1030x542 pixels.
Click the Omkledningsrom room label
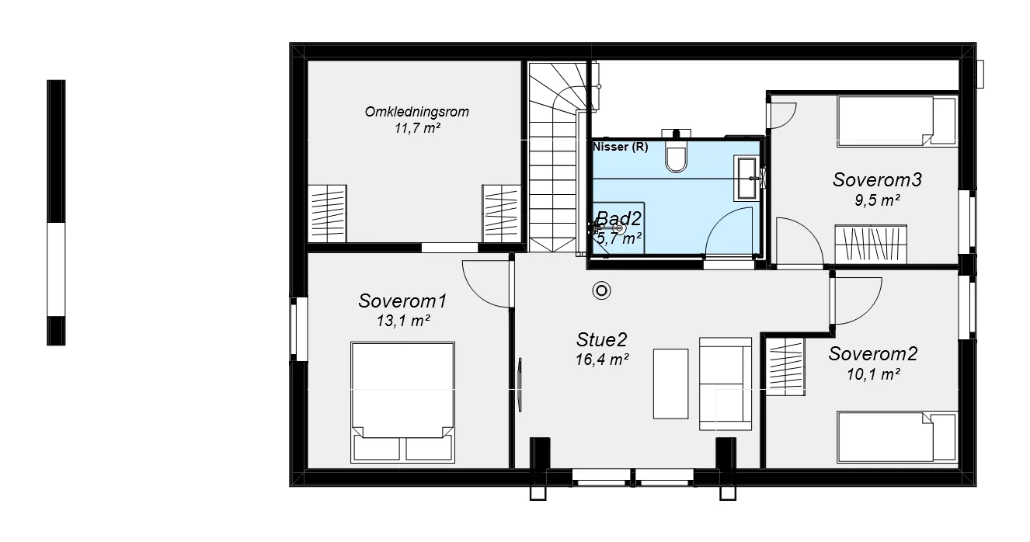point(416,112)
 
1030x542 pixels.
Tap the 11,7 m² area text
point(417,128)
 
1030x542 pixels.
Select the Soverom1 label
point(402,301)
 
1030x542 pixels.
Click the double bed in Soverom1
point(402,402)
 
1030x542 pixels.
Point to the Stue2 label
point(601,340)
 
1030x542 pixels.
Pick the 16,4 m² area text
point(602,360)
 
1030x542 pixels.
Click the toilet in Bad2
point(676,156)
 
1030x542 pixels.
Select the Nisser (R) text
point(621,147)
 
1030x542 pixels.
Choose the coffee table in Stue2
point(670,384)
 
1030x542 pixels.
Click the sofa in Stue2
point(726,384)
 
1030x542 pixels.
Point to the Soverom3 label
point(877,179)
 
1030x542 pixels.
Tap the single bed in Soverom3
point(896,121)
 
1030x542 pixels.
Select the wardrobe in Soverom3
point(871,244)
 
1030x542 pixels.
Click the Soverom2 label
point(873,354)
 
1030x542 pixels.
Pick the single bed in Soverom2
point(896,436)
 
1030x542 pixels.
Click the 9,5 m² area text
point(877,201)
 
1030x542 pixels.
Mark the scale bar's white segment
point(56,269)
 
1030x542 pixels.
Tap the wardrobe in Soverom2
point(785,367)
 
